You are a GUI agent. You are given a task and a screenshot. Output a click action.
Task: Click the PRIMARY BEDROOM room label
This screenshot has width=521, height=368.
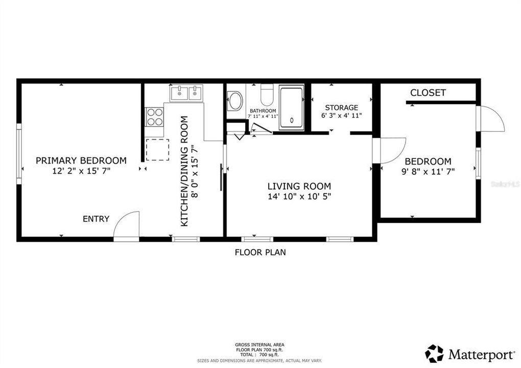tap(81, 160)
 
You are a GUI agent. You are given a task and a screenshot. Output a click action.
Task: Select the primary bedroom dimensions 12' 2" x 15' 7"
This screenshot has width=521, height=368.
tap(81, 171)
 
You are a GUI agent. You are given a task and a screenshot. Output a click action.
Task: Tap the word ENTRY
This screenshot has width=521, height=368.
tap(96, 219)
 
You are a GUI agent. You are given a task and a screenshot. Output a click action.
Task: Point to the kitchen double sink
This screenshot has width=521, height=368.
tap(186, 93)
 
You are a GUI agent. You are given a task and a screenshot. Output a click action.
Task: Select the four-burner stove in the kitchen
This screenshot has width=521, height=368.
tap(155, 117)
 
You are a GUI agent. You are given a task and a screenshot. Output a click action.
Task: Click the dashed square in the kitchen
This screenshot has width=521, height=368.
tap(157, 149)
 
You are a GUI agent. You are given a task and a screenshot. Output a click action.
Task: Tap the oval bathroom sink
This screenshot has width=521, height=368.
tap(235, 101)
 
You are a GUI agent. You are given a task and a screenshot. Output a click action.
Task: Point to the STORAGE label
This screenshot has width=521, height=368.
tap(341, 108)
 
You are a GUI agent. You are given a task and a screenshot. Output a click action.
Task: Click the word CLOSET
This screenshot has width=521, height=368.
tap(428, 93)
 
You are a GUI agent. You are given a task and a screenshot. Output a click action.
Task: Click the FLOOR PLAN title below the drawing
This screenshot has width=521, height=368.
tap(260, 252)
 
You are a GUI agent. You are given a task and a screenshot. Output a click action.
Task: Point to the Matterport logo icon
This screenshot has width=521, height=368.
tap(434, 353)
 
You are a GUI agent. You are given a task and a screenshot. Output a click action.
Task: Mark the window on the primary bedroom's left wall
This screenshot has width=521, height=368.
tap(19, 156)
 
